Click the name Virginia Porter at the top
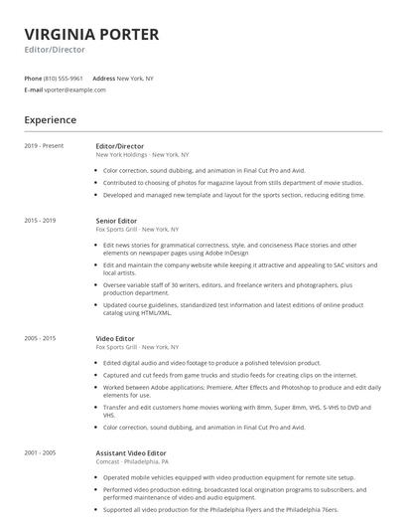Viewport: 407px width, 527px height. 90,35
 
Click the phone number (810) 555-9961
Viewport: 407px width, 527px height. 63,78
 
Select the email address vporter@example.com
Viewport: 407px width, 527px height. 74,89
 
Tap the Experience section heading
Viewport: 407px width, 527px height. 50,119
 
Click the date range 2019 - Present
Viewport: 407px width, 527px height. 44,146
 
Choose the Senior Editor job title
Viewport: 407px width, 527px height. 116,220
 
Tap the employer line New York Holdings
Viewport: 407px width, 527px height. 142,155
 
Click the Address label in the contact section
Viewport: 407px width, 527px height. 103,78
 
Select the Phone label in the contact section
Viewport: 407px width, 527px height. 33,78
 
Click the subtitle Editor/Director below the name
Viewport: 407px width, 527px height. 54,49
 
